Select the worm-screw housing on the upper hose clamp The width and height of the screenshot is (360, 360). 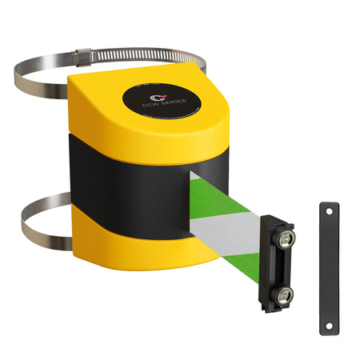81,57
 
